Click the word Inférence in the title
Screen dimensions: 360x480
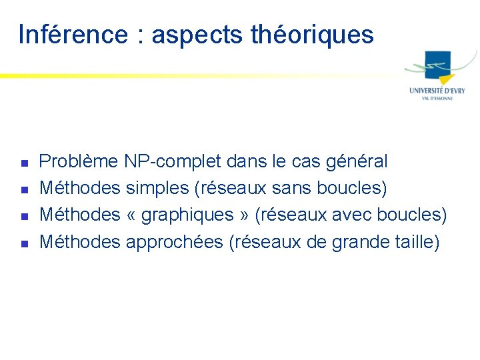(73, 34)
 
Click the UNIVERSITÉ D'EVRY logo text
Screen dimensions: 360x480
(437, 90)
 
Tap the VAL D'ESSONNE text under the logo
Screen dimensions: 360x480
(437, 99)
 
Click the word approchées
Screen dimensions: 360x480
(174, 242)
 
